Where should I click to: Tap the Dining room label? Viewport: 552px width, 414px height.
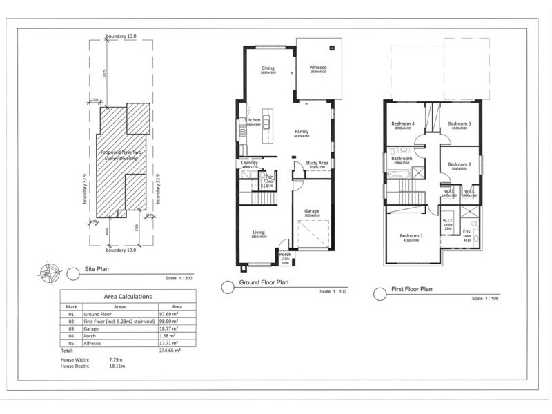click(x=268, y=68)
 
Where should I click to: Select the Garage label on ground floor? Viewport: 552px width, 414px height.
click(x=312, y=211)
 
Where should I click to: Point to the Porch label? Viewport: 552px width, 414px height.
click(x=285, y=255)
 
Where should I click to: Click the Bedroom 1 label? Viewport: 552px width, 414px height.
click(x=411, y=236)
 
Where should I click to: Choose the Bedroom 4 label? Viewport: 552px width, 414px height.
click(x=403, y=123)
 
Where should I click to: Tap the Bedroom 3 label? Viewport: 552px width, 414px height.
click(x=458, y=123)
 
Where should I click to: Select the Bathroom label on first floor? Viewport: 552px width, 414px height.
click(x=402, y=159)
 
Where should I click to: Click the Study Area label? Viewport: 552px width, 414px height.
click(x=317, y=163)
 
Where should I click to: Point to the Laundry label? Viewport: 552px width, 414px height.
click(x=249, y=162)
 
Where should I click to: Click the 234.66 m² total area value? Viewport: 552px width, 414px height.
click(x=169, y=351)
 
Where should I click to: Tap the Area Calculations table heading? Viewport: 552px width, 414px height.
click(x=128, y=296)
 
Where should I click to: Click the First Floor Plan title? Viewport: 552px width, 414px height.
click(x=412, y=290)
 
